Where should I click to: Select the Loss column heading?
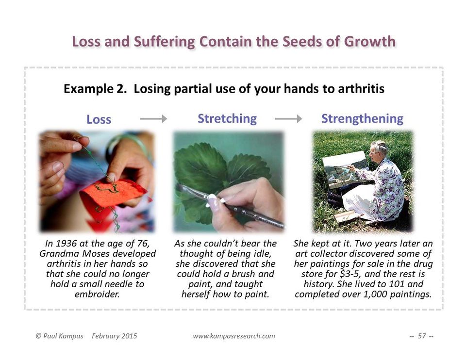tap(99, 119)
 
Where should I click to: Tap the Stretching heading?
tap(227, 119)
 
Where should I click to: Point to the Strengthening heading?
tap(362, 119)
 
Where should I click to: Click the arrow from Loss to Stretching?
tap(153, 119)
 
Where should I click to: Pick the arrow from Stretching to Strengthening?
tap(288, 119)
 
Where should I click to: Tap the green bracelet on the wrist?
tap(128, 146)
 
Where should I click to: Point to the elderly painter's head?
tap(379, 150)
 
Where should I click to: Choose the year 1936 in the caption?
tap(67, 244)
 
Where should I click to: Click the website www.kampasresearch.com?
tap(234, 336)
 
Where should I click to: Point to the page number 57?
tap(422, 336)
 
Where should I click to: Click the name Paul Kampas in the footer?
tap(63, 336)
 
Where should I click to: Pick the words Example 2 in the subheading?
tap(95, 88)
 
